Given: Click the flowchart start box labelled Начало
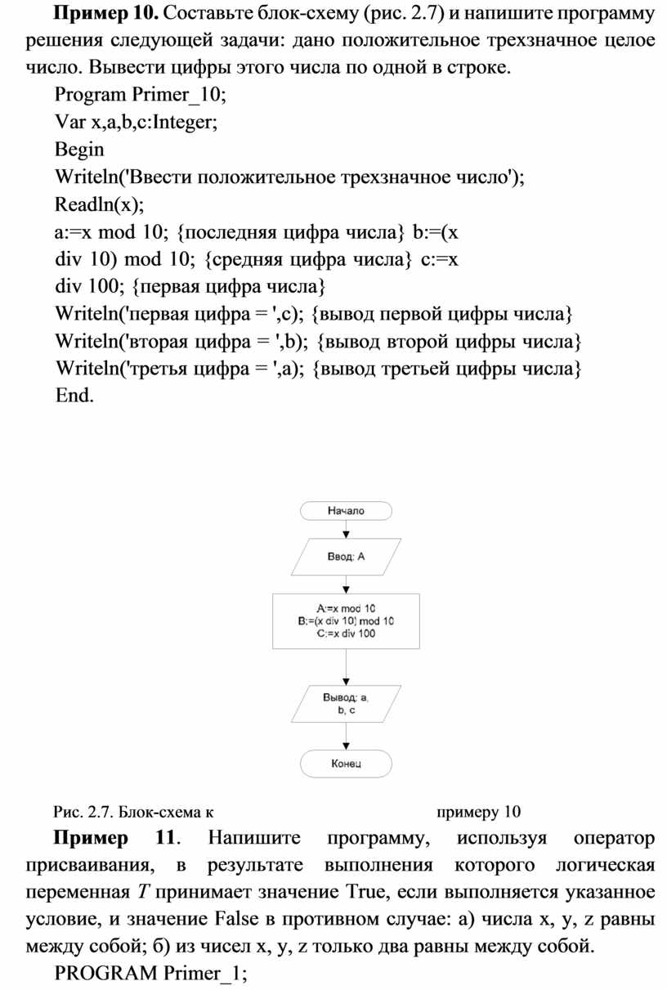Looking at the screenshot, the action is point(346,510).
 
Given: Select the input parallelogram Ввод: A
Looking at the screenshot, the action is point(346,557).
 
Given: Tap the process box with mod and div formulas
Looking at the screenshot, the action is point(346,621).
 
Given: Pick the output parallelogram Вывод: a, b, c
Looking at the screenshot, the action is point(346,704).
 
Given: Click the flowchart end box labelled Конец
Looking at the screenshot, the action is point(346,764).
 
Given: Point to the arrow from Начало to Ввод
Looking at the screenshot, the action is point(346,529).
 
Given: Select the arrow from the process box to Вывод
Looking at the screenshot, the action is point(346,667).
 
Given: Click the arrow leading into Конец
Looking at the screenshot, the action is point(346,736).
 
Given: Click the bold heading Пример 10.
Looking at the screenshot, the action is point(105,14).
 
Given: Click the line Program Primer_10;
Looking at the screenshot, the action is point(141,95).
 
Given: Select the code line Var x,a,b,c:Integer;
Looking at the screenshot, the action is point(137,123).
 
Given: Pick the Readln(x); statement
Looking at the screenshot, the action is point(100,204).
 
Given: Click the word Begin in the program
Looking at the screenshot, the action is point(79,150).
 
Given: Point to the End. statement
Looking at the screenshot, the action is point(74,395).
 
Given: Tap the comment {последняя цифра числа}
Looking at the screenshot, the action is point(290,232).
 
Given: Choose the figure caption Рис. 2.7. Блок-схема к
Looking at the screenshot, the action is point(133,812).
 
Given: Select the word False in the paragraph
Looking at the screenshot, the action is point(237,919).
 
